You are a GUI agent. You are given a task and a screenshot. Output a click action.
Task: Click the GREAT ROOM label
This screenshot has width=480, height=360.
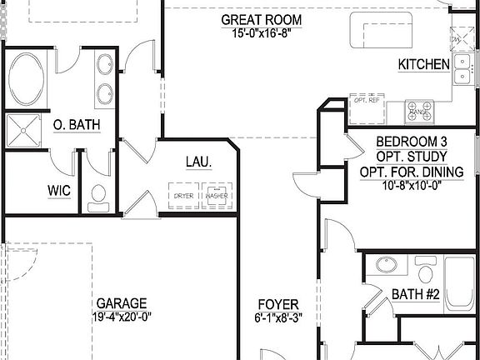[261, 19]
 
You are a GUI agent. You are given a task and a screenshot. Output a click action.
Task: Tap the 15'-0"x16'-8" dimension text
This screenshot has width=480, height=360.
[261, 34]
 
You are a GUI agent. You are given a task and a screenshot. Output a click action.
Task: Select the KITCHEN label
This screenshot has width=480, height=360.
[423, 64]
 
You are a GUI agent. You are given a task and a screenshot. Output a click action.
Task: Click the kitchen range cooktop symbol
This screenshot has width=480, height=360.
[421, 110]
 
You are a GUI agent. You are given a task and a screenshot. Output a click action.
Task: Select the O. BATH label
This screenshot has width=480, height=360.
[77, 125]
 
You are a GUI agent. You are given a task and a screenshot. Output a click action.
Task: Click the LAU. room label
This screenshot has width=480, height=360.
[197, 161]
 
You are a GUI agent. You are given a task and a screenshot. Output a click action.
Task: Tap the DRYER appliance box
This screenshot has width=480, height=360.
[183, 195]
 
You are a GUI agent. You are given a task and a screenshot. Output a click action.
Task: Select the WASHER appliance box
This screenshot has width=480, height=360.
[217, 195]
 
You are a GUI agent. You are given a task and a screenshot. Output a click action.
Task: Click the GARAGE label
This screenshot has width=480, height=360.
[122, 303]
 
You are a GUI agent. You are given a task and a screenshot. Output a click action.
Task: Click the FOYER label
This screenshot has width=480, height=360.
[278, 304]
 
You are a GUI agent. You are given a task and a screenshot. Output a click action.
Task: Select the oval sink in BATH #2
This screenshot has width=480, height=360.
[386, 266]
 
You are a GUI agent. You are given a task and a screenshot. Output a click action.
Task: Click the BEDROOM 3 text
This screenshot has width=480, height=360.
[412, 141]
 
